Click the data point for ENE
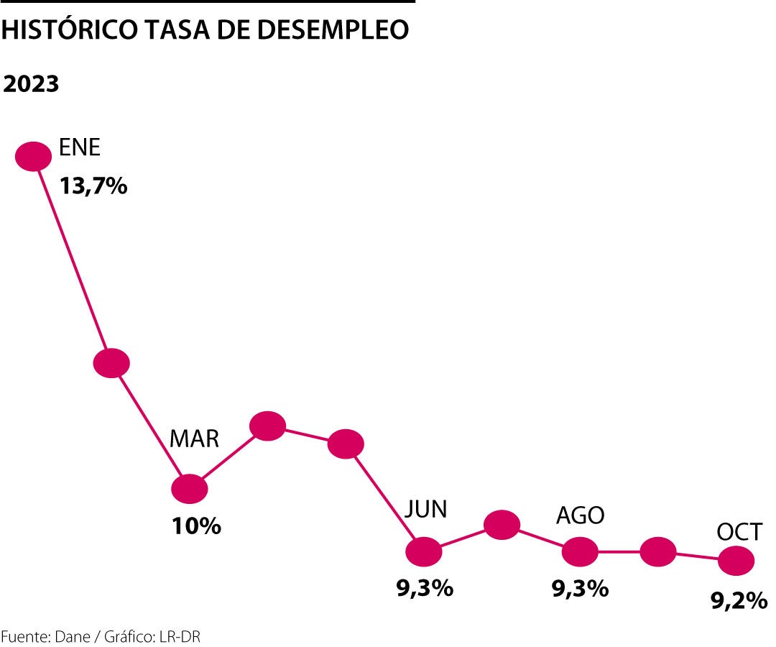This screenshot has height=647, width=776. (x=34, y=156)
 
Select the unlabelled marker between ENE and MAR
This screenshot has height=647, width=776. (x=111, y=363)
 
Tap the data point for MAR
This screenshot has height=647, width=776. (x=190, y=489)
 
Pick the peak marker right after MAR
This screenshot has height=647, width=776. (x=268, y=426)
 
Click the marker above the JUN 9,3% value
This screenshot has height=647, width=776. (x=424, y=551)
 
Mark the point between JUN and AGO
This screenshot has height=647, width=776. (x=502, y=525)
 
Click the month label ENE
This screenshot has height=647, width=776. (x=80, y=148)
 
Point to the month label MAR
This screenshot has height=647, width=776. (x=194, y=439)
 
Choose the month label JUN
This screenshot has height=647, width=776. (x=425, y=509)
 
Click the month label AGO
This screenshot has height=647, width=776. (x=581, y=515)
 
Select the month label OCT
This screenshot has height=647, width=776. (x=739, y=532)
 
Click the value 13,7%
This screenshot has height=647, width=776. (x=93, y=186)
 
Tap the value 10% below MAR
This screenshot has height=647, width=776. (x=196, y=526)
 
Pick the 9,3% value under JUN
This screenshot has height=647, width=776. (x=425, y=588)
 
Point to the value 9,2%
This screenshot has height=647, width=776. (x=739, y=600)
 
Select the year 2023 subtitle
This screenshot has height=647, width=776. (x=30, y=84)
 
